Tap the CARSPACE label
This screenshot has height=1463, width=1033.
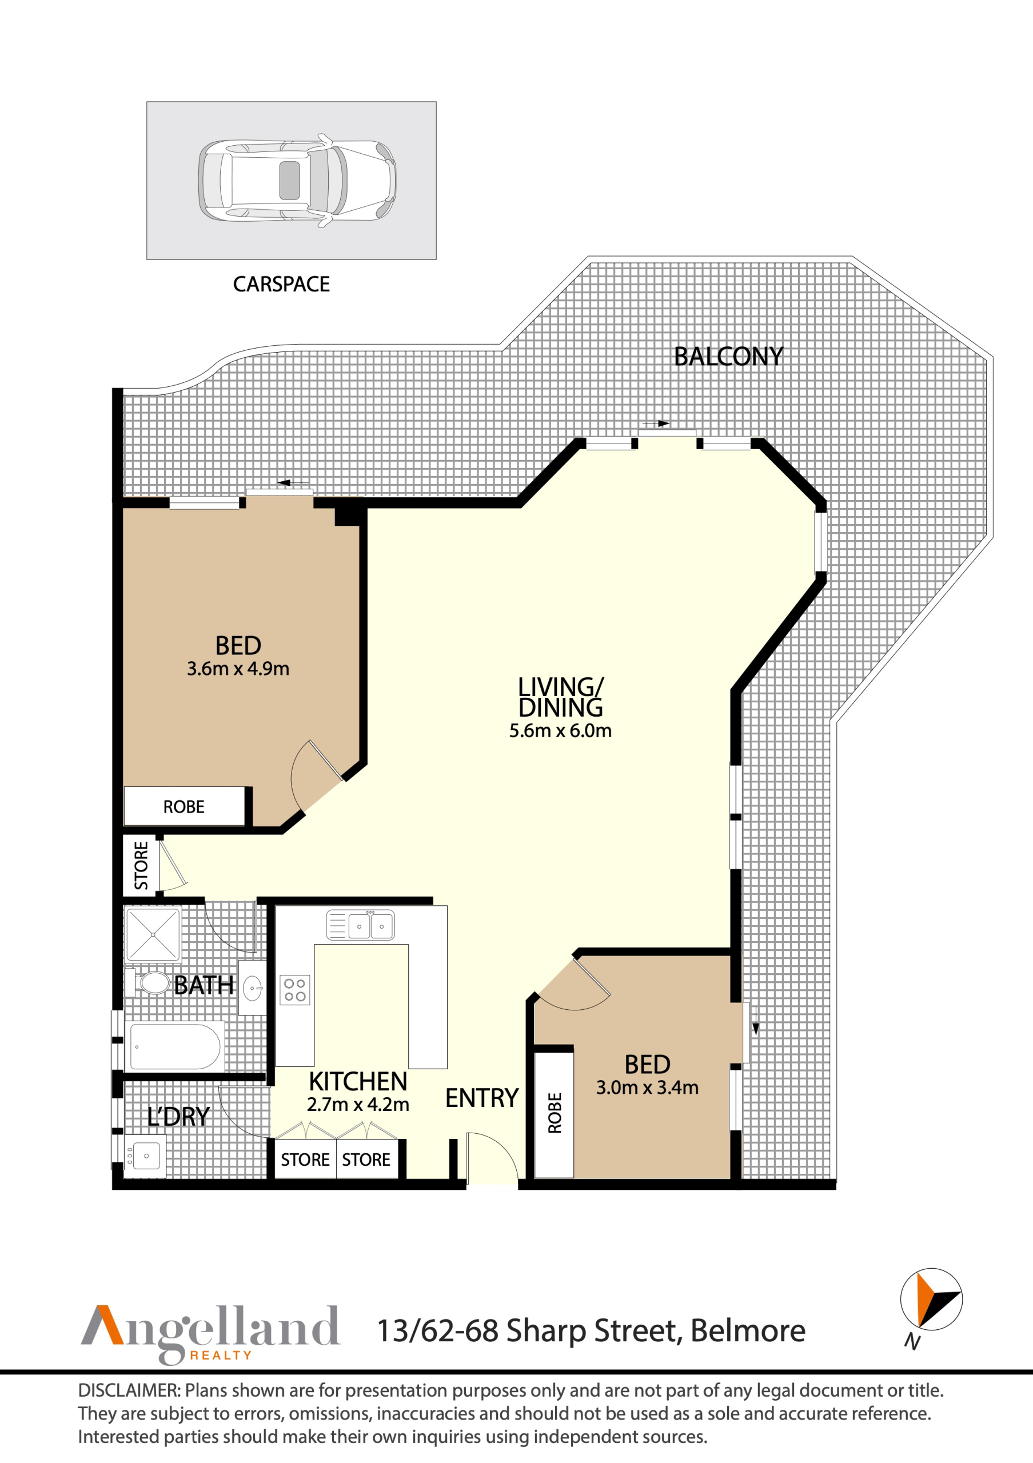[281, 284]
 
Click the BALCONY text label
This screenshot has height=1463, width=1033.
[728, 357]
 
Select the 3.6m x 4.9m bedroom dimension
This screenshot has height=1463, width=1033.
[238, 669]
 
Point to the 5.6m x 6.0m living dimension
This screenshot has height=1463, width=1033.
[560, 731]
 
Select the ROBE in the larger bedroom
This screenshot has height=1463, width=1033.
[184, 808]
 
